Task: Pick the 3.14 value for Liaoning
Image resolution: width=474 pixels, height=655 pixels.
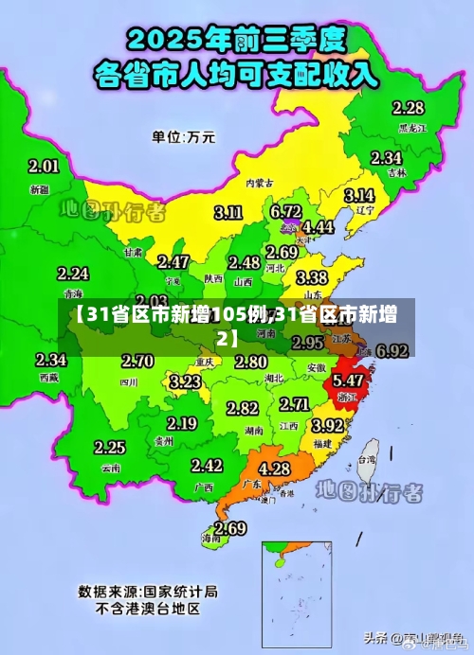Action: click(358, 194)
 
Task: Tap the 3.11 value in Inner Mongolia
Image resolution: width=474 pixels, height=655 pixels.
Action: click(228, 212)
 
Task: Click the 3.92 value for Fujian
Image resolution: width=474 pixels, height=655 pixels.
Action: click(328, 425)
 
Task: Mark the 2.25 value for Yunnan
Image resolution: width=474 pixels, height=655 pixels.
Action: click(110, 447)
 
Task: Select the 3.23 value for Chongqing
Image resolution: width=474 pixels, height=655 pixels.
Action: click(185, 381)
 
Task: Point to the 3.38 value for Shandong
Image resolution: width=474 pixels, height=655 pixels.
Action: click(312, 277)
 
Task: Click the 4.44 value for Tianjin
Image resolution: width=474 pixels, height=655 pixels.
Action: click(318, 227)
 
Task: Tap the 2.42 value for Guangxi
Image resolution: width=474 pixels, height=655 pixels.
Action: click(207, 465)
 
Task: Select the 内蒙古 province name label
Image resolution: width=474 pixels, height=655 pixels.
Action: click(259, 183)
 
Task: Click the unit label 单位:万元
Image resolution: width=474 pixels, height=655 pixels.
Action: click(183, 136)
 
